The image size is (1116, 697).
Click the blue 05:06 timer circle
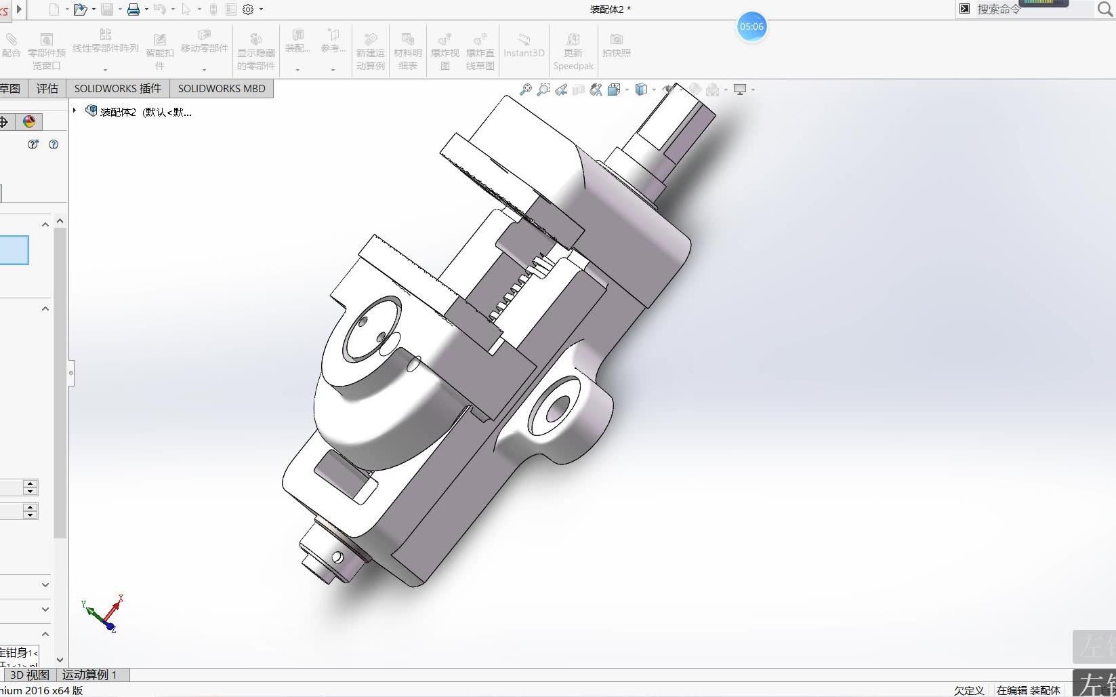point(751,27)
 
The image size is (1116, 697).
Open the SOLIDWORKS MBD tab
point(222,89)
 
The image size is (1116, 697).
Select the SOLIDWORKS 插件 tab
point(118,89)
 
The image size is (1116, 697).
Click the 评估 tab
point(47,89)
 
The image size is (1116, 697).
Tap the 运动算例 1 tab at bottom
point(89,675)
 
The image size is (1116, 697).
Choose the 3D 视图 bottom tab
point(29,675)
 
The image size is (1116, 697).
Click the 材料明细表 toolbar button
point(407,51)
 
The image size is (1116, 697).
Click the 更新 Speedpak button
point(573,51)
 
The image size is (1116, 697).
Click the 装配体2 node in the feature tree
point(145,112)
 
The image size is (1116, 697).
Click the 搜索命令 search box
point(1030,9)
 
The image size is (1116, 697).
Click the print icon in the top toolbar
point(133,9)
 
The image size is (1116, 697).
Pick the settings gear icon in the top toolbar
point(248,9)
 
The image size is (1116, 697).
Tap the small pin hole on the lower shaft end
point(337,557)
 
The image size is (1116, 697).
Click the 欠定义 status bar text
point(968,690)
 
